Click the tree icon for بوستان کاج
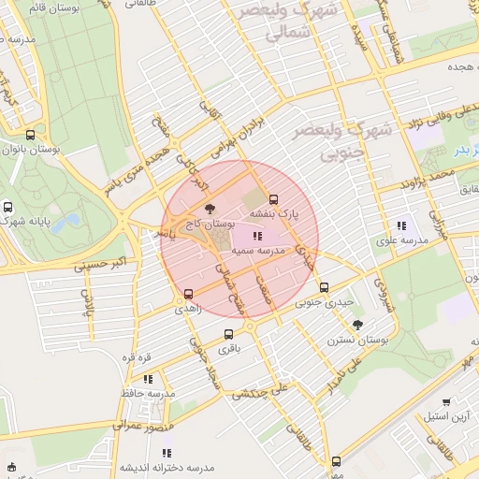point(208,209)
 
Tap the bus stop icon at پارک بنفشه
point(273,199)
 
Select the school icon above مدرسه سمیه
point(257,236)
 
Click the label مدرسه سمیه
point(257,253)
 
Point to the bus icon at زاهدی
point(188,293)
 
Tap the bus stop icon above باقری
point(228,334)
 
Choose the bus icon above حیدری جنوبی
point(324,287)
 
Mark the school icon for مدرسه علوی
point(401,225)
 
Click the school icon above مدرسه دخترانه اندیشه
point(167,454)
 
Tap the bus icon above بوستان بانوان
point(30,135)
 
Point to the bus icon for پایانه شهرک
point(8,208)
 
